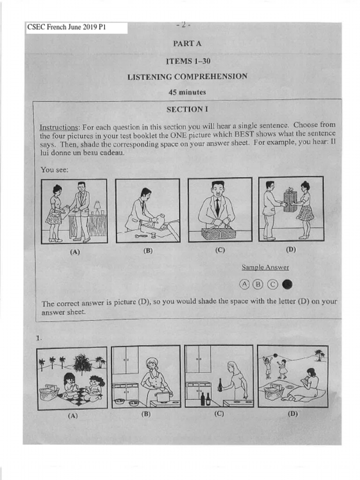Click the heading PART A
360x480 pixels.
pos(187,44)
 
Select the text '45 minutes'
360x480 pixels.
pos(187,92)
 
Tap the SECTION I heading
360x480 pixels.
pos(187,109)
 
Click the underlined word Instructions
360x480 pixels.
pos(59,127)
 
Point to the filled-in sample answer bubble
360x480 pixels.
pos(287,284)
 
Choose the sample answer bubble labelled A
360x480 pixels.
pos(244,284)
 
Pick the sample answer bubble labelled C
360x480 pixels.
pos(272,284)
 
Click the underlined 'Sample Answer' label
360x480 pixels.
pos(265,268)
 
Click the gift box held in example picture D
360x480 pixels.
pos(290,201)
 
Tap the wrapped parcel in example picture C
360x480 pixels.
pos(218,232)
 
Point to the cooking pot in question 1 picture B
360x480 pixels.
pos(162,397)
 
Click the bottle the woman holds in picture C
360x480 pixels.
pos(220,385)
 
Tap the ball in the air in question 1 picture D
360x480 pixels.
pos(276,355)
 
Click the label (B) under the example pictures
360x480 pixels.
pos(148,250)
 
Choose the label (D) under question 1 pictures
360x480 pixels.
pos(293,414)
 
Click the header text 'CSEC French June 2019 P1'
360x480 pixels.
pos(67,27)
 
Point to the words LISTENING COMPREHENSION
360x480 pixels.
pos(187,76)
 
